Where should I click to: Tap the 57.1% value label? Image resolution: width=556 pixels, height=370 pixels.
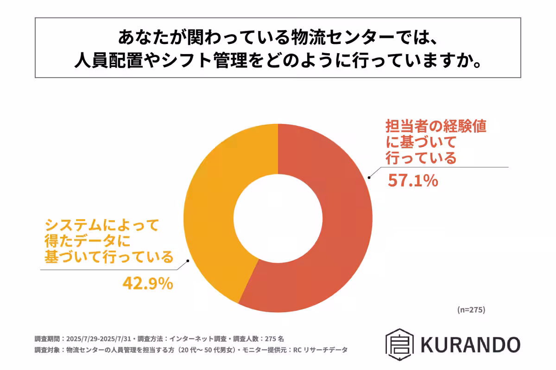[412, 181]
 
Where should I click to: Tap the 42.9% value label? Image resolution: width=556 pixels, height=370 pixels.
[148, 283]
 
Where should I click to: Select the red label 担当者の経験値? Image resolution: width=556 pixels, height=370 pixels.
[436, 127]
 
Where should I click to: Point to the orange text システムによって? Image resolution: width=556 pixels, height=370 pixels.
[101, 226]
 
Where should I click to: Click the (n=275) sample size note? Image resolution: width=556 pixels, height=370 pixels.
[471, 310]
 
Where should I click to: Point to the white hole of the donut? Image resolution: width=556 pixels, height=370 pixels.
[278, 217]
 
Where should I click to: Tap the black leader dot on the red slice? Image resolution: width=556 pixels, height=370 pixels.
[369, 177]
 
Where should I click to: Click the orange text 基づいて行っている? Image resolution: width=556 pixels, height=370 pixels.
[108, 257]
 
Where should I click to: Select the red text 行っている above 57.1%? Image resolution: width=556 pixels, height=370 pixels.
[421, 158]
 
